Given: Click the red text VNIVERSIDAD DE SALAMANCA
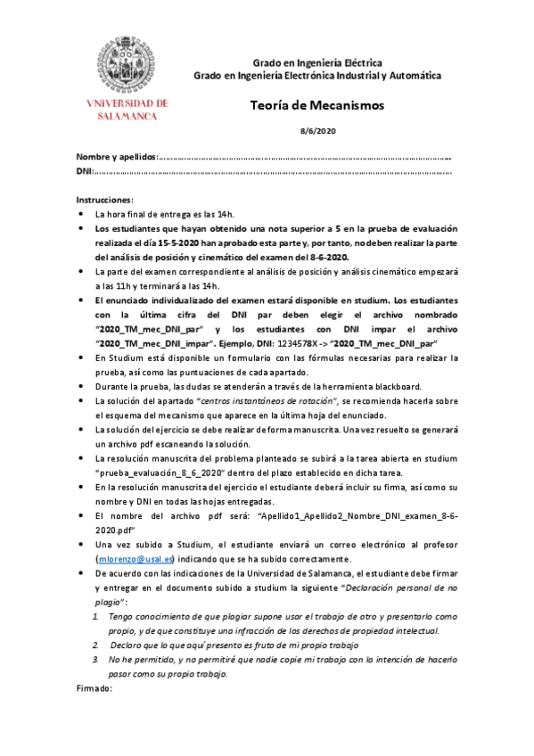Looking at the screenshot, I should point(125,110).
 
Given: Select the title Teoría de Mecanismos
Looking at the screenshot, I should point(316,105).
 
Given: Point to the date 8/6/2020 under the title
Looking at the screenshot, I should point(316,131).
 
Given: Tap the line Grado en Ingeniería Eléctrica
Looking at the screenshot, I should point(317,63).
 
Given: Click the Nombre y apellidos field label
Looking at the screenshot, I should point(116,156).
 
